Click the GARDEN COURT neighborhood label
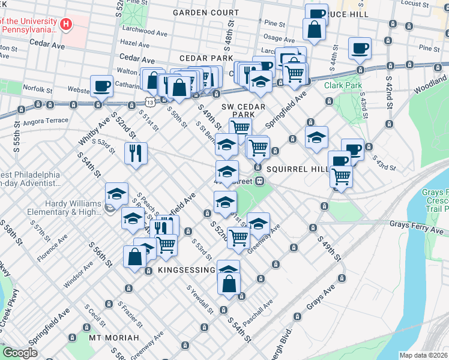coord(206,12)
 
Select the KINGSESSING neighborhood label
coord(186,271)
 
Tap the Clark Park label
coord(343,85)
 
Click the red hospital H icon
coord(67,25)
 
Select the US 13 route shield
coord(148,103)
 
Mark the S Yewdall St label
coord(200,299)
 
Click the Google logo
coord(20,352)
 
